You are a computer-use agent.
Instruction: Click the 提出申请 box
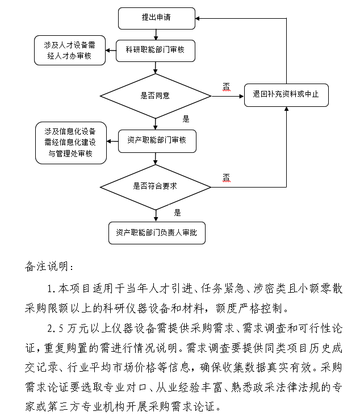pos(156,18)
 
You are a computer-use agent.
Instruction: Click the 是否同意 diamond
pos(155,95)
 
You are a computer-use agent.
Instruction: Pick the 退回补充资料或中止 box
pos(286,95)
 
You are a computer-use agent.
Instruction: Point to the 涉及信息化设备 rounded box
pos(70,143)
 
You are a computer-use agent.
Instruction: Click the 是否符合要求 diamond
pos(155,186)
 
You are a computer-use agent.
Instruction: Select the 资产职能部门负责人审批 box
pos(157,232)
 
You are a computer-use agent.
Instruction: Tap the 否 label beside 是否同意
pos(226,86)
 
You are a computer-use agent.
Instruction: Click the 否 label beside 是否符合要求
pos(226,177)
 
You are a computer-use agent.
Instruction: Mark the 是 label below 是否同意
pos(185,119)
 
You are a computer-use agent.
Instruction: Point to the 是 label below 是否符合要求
pos(178,213)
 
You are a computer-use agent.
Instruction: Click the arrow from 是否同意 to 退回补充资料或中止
pos(227,95)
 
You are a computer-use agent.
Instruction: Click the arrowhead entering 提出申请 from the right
pos(198,18)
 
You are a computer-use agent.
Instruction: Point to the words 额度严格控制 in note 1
pos(258,309)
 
